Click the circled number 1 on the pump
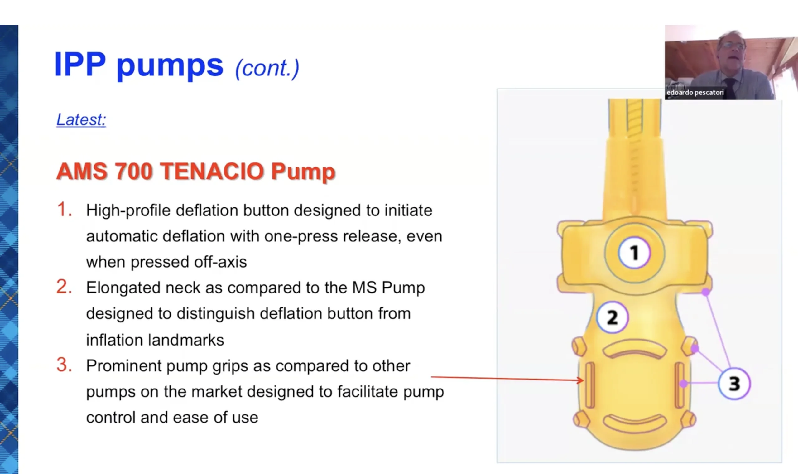click(634, 253)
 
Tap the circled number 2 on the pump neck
click(612, 317)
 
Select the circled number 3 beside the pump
click(734, 384)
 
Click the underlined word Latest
click(81, 120)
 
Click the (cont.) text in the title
click(267, 68)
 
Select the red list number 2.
click(64, 287)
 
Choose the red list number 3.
click(64, 365)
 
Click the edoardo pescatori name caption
click(695, 93)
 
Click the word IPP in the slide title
click(80, 65)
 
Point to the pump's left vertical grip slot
click(590, 385)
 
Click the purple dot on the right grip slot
click(683, 383)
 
